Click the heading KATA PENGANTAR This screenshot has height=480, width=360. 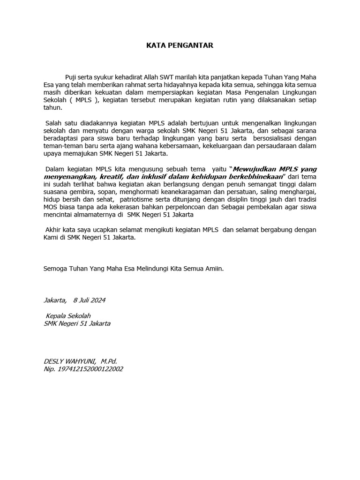coord(180,45)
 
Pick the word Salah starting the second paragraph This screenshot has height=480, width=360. coord(54,122)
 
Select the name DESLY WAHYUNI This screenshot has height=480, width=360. coord(69,361)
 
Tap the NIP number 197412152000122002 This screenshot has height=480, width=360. coord(90,369)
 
